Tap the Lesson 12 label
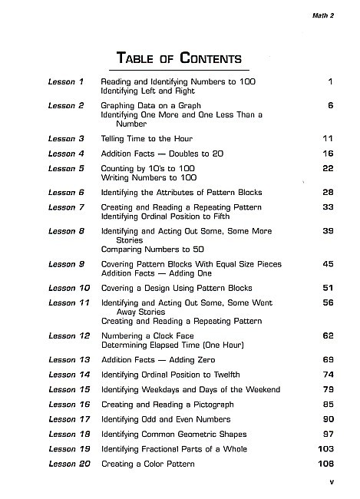[68, 336]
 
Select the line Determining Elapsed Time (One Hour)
[173, 345]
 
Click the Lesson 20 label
[68, 464]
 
